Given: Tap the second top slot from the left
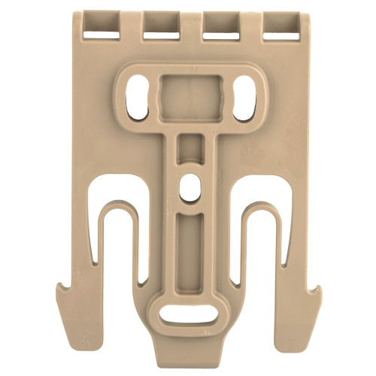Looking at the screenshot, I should [x=161, y=24].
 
